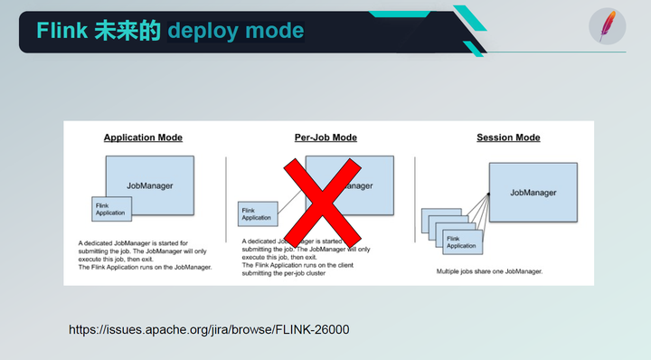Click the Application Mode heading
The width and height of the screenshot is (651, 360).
(x=143, y=138)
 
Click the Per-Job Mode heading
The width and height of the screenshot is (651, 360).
(x=325, y=138)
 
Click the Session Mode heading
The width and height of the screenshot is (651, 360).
(x=508, y=138)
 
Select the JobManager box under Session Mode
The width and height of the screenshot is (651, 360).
(x=533, y=193)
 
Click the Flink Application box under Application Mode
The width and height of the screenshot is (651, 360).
(x=112, y=209)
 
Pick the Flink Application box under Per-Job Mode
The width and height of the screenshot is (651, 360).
(x=257, y=213)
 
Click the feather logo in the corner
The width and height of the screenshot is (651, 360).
(x=607, y=26)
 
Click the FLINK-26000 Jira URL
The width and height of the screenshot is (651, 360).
(x=209, y=329)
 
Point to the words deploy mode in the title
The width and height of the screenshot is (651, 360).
(x=235, y=32)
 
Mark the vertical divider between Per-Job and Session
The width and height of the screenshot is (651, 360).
(x=414, y=199)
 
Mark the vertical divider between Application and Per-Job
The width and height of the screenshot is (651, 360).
(x=226, y=199)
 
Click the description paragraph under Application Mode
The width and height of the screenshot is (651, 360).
(x=145, y=256)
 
